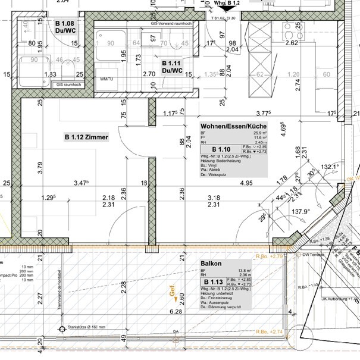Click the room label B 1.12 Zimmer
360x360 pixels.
[86, 137]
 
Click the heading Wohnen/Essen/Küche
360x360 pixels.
[231, 127]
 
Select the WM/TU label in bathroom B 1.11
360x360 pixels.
[107, 79]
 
